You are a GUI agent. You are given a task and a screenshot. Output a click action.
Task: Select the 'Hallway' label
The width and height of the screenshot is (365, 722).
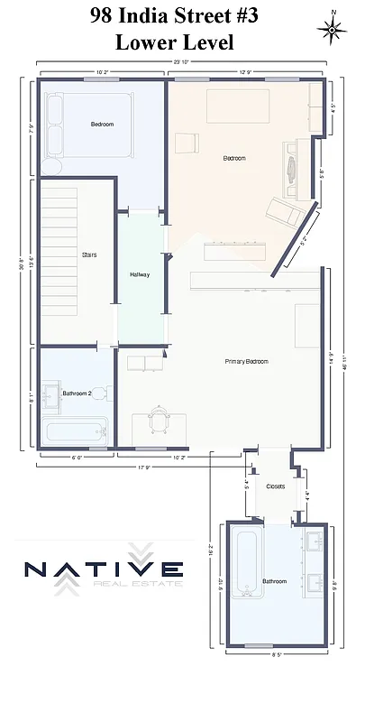coord(140,274)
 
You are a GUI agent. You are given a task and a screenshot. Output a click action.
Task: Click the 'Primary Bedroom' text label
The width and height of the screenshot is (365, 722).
coord(246,361)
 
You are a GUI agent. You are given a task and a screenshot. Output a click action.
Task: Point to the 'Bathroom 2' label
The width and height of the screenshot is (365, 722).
coord(77,393)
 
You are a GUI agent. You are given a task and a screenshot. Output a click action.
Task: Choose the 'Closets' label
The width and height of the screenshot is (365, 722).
coord(275,486)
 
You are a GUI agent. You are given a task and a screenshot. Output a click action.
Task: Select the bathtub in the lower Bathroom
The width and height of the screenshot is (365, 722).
coord(244,564)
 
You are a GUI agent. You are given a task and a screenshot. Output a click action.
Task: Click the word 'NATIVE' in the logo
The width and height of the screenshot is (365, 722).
coord(103,569)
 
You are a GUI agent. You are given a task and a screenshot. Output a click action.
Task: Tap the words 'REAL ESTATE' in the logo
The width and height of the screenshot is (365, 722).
coord(137,584)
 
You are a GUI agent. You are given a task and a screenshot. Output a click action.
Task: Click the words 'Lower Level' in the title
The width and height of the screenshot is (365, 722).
coord(182,42)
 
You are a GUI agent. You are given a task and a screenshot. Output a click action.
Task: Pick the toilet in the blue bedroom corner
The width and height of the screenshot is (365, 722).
coord(50,168)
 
